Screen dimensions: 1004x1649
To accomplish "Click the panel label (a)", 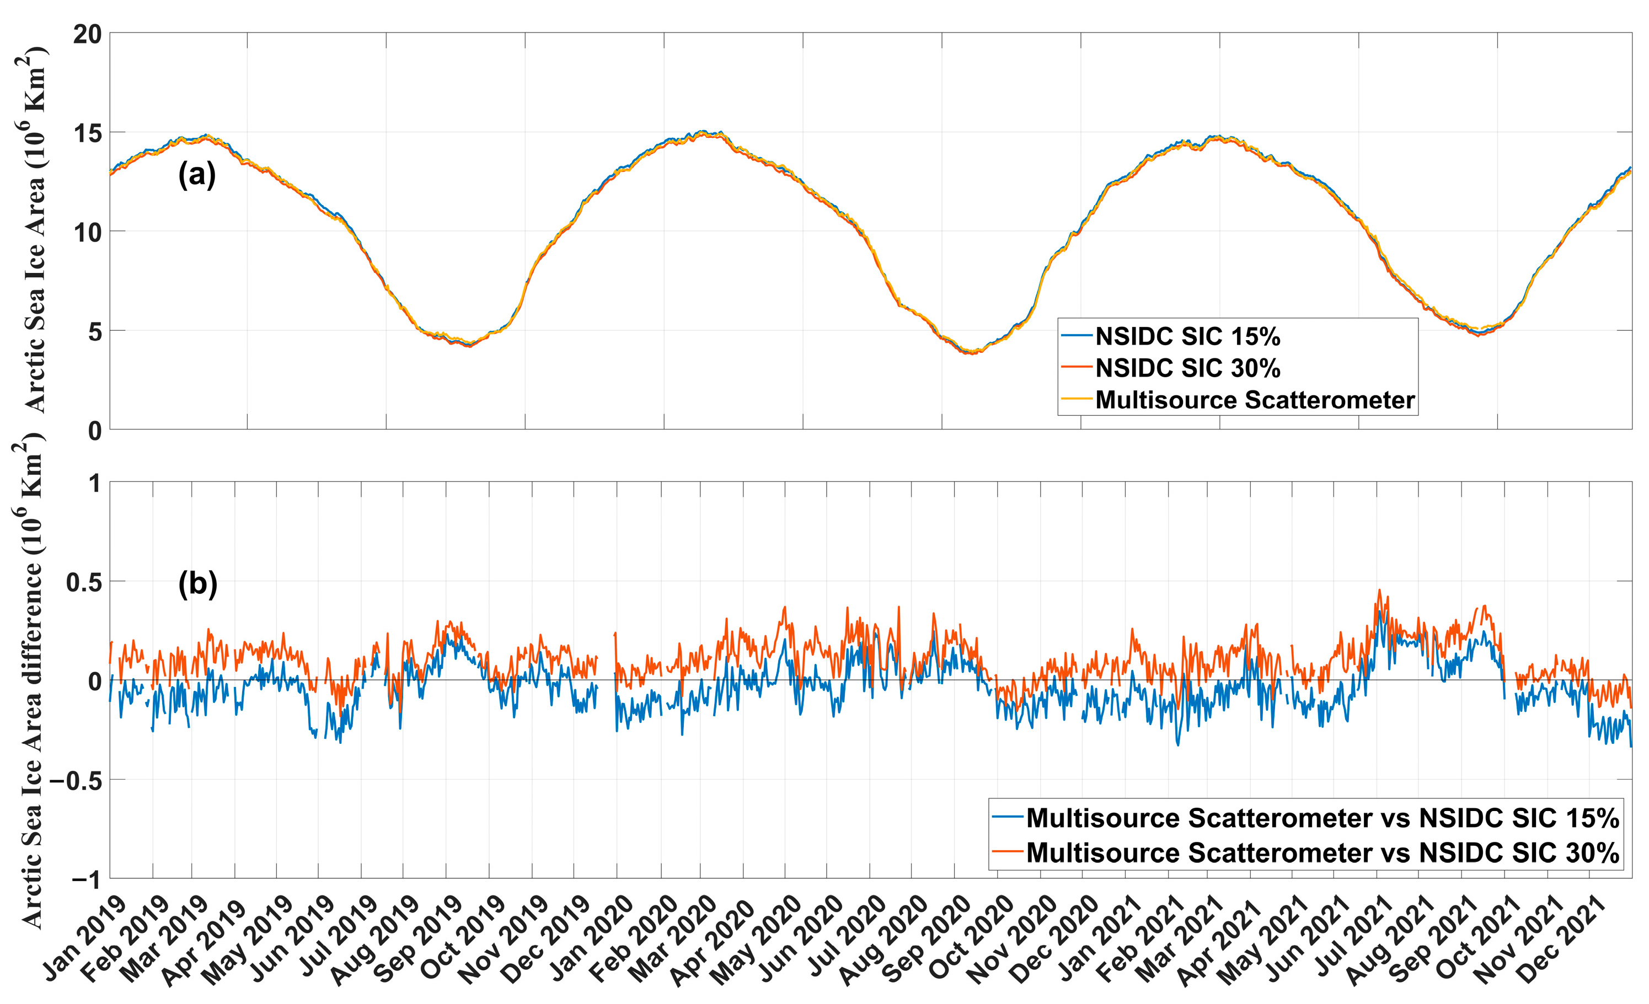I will pyautogui.click(x=197, y=175).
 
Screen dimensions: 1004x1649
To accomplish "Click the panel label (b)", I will pyautogui.click(x=197, y=584).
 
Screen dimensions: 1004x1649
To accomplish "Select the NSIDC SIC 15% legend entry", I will pyautogui.click(x=1187, y=336).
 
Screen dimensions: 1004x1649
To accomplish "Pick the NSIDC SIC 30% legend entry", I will pyautogui.click(x=1187, y=368).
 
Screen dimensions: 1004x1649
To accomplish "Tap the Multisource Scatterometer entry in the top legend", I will pyautogui.click(x=1254, y=400).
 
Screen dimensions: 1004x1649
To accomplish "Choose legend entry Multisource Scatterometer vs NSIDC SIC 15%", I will pyautogui.click(x=1323, y=818).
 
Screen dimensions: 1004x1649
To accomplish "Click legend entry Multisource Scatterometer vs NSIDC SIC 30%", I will pyautogui.click(x=1323, y=853).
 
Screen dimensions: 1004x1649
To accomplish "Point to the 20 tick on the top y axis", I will pyautogui.click(x=88, y=34).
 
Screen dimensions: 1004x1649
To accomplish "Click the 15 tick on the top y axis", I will pyautogui.click(x=88, y=133).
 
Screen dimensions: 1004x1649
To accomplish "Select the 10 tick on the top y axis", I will pyautogui.click(x=88, y=233).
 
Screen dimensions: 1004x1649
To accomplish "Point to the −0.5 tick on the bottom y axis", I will pyautogui.click(x=76, y=781).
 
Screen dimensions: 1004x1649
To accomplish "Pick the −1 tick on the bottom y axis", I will pyautogui.click(x=87, y=879).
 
